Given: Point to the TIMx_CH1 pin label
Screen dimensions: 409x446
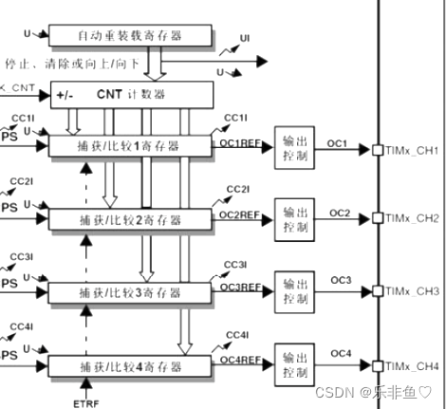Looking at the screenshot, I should point(413,150).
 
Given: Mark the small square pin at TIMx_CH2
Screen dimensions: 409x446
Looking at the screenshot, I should point(378,218).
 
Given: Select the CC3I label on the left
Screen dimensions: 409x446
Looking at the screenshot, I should point(21,256).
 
